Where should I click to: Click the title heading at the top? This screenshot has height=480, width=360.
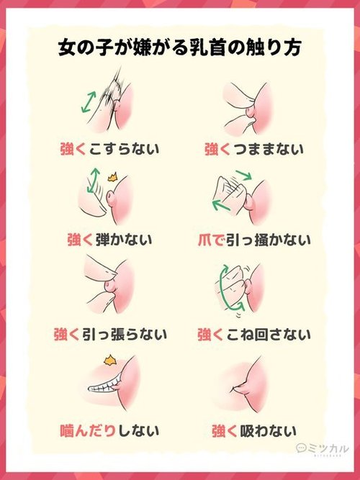(179, 47)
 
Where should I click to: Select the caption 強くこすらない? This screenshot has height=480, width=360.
(109, 149)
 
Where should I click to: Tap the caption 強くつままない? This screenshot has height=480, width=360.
(254, 149)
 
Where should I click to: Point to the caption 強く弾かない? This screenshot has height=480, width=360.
(109, 240)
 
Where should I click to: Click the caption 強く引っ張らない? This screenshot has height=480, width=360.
(110, 334)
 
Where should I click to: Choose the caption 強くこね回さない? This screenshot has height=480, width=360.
(254, 334)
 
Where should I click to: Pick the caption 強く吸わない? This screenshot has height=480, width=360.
(254, 431)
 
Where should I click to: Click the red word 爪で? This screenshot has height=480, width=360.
(211, 240)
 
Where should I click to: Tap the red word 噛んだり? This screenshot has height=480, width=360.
(88, 431)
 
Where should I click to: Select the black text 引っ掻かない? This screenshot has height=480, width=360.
(269, 240)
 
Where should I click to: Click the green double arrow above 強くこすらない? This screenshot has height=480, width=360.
(89, 101)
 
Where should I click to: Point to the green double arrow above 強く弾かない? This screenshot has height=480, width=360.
(93, 180)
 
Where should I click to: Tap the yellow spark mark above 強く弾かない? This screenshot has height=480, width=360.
(112, 177)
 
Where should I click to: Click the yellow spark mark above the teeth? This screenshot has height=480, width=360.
(110, 361)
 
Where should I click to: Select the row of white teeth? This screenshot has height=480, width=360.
(104, 386)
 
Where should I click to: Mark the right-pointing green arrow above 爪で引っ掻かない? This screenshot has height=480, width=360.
(244, 174)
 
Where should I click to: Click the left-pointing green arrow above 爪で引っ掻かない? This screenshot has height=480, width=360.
(221, 205)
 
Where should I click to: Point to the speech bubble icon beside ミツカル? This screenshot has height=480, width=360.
(301, 448)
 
